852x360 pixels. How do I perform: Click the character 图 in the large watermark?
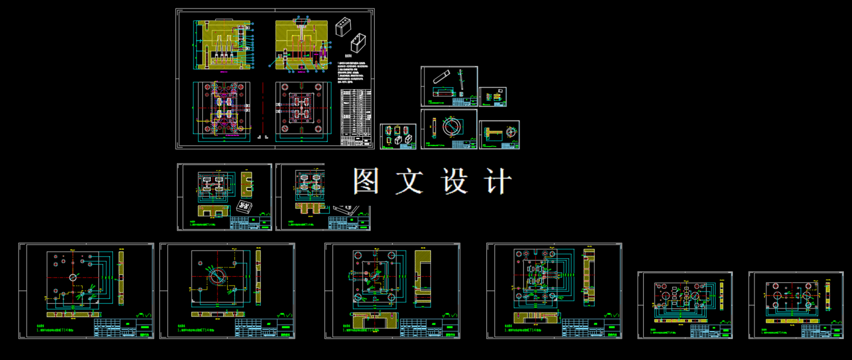pos(366,181)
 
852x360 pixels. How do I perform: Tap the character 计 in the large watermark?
pos(497,181)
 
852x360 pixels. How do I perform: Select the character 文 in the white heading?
pos(409,181)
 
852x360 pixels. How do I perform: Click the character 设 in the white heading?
pos(454,181)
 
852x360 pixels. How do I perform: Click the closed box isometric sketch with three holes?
pos(343,27)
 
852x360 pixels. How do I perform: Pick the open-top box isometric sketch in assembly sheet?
pos(359,43)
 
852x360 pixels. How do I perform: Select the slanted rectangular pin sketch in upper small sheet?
pos(441,78)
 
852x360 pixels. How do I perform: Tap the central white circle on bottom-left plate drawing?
pos(73,277)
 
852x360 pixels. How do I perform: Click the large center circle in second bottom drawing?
pos(216,277)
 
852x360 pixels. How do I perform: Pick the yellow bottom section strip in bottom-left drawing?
pos(74,315)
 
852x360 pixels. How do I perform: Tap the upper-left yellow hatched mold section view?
pos(222,44)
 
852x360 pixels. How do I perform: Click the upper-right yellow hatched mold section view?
pos(301,43)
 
